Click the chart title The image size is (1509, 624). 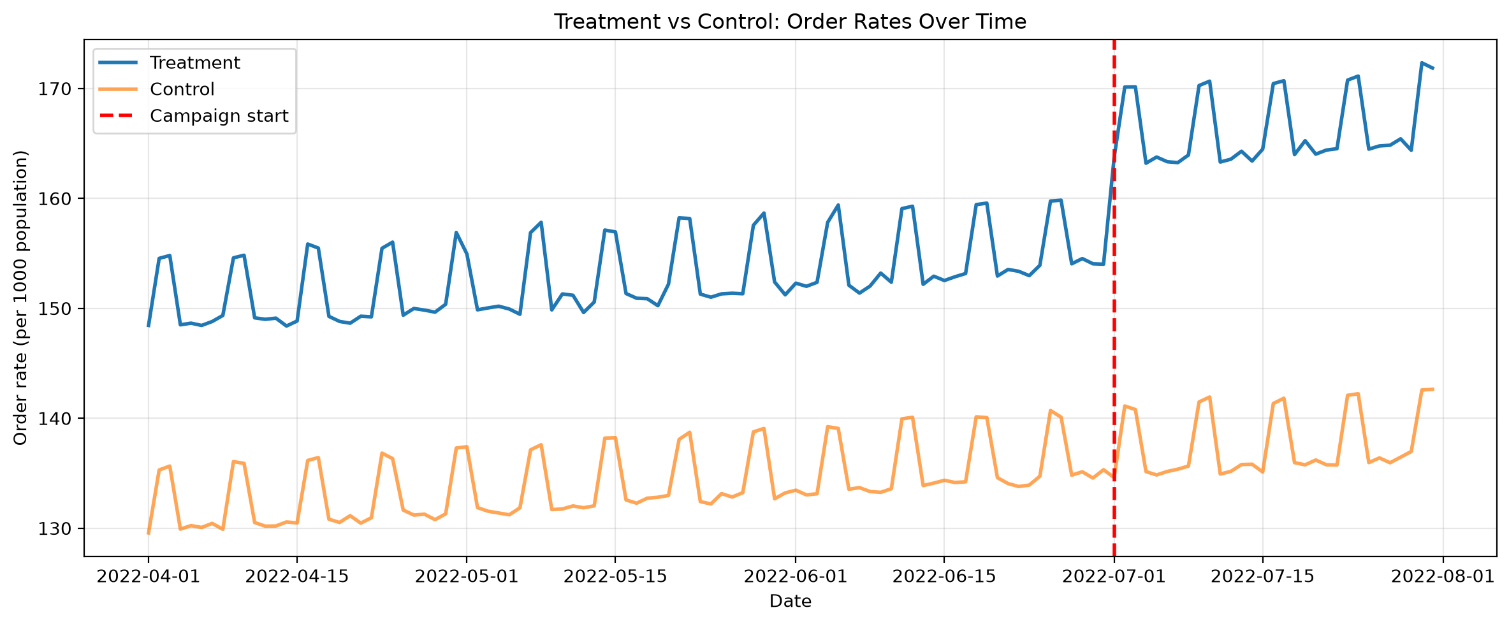(x=790, y=22)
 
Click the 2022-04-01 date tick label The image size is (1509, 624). (x=149, y=576)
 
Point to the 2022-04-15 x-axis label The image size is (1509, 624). (x=297, y=576)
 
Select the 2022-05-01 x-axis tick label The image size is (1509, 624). (x=467, y=576)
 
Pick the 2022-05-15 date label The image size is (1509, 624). (x=615, y=576)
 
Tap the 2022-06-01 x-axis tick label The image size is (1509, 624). (x=796, y=576)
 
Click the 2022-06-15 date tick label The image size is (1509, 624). (x=944, y=576)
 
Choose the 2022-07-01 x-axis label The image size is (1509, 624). (x=1114, y=576)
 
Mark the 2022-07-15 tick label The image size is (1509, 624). (x=1262, y=576)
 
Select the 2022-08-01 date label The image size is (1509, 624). (x=1443, y=576)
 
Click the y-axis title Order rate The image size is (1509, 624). (x=21, y=298)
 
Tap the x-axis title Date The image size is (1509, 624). (x=791, y=601)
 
